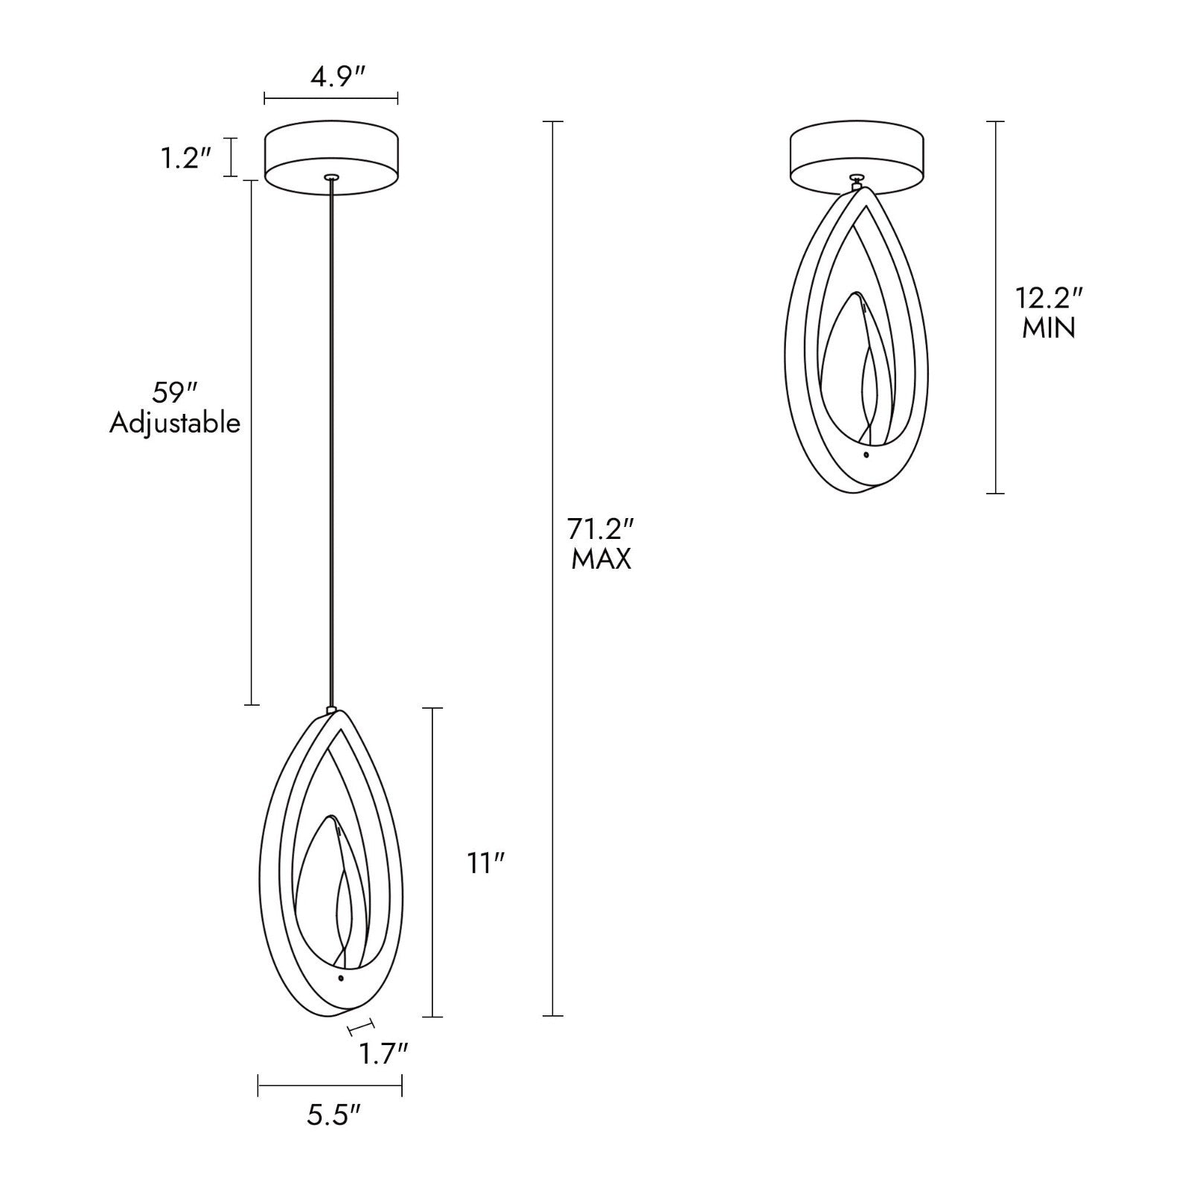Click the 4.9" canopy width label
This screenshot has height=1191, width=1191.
tap(337, 77)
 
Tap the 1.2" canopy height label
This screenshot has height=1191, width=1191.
tap(187, 158)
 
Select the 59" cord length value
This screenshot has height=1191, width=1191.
tap(175, 392)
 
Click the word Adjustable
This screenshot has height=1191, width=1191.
tap(175, 423)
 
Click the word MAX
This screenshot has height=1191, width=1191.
tap(601, 559)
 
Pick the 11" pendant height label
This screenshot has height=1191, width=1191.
tap(487, 863)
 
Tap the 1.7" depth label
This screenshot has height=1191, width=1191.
tap(384, 1053)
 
